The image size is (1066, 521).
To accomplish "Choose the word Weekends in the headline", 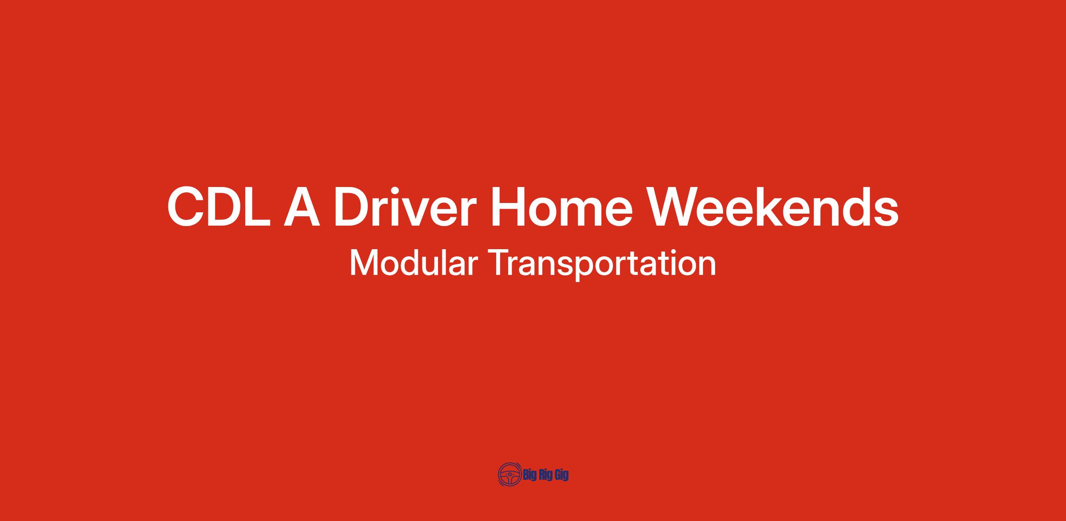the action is pos(773,207).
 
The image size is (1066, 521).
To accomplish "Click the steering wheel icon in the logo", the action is pos(510,475).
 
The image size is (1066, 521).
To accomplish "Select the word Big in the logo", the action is pos(530,475).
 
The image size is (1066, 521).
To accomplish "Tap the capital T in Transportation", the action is pos(501,263).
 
